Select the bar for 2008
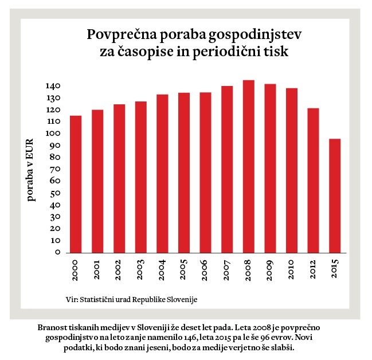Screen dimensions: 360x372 248,166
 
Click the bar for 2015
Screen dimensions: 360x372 335,195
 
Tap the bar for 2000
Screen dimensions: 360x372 76,184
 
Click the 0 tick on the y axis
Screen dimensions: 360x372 58,252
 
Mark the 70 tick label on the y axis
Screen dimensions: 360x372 56,169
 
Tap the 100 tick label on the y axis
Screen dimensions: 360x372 53,134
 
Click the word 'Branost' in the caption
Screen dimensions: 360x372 52,327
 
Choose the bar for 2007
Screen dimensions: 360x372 227,169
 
